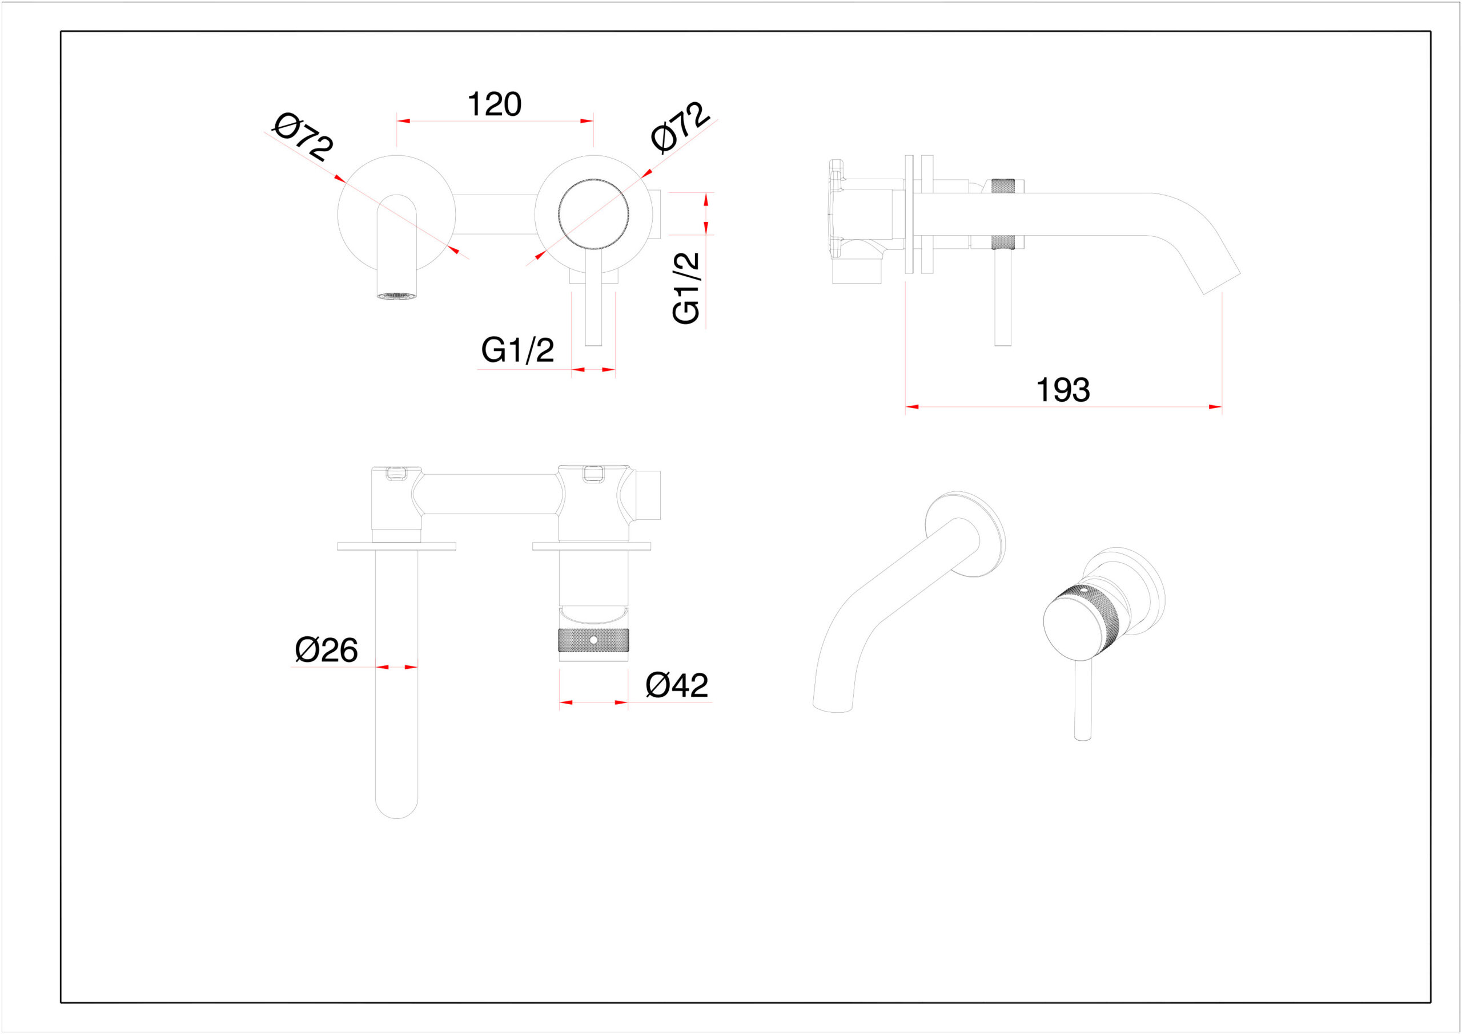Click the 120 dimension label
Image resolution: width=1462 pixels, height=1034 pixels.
495,104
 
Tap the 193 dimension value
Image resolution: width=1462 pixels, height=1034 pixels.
1063,390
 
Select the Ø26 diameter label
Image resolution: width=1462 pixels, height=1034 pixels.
326,649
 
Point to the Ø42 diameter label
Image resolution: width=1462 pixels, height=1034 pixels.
677,685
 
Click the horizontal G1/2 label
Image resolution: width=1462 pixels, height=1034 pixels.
517,350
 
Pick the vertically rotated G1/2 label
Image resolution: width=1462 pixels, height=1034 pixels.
686,288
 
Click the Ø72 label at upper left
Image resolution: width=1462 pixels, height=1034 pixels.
303,137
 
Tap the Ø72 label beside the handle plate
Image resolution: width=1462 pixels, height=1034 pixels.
680,127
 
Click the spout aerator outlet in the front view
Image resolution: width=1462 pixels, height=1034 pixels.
397,296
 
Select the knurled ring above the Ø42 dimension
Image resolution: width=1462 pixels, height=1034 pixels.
593,640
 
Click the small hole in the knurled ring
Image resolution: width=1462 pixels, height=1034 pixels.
593,639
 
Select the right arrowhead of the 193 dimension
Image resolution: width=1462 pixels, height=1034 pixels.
1215,407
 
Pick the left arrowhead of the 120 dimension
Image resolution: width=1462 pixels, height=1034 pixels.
404,121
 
